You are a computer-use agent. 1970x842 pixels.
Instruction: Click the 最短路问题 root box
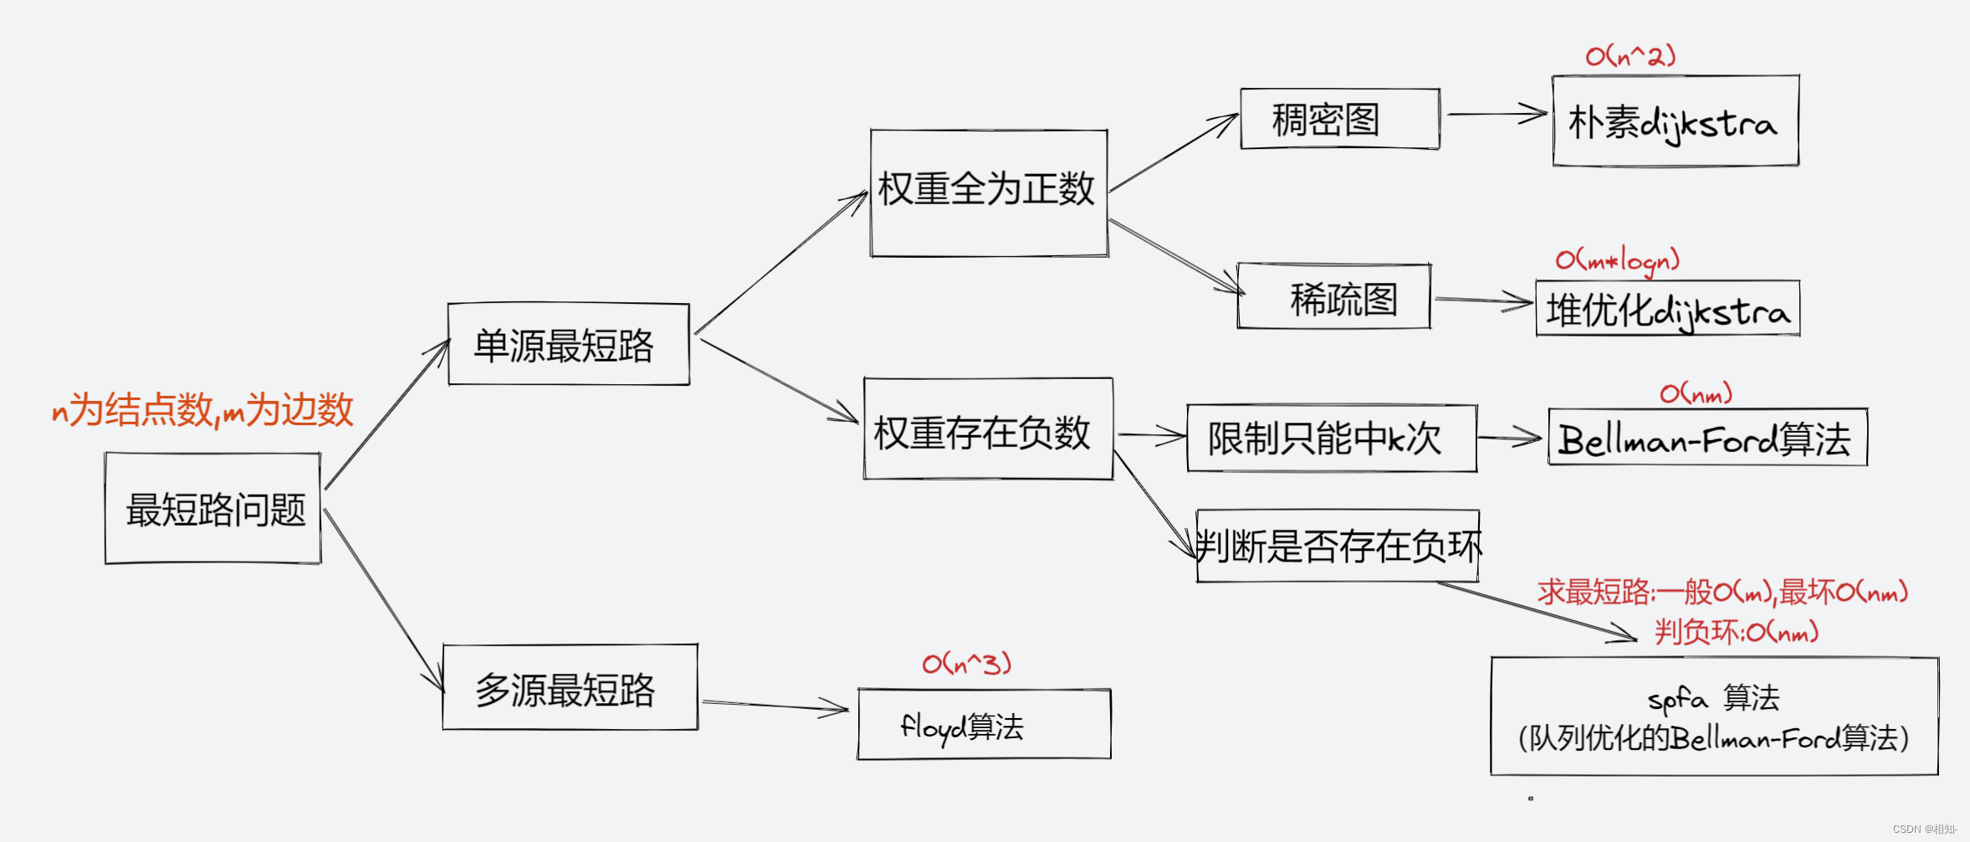[x=213, y=509]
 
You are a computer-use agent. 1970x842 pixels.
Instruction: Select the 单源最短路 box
[x=569, y=344]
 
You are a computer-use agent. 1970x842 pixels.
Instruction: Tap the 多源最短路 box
[x=570, y=688]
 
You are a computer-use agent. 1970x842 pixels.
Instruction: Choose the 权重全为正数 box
[x=989, y=193]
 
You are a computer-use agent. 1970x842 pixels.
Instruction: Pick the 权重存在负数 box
[x=988, y=429]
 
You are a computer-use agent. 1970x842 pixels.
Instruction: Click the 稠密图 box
[x=1339, y=119]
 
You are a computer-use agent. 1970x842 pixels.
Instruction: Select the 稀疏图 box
[x=1333, y=296]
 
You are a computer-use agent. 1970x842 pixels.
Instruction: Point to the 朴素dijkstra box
[x=1675, y=121]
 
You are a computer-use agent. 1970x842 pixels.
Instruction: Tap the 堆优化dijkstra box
[x=1667, y=309]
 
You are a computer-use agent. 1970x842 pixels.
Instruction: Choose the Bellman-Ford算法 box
[x=1706, y=438]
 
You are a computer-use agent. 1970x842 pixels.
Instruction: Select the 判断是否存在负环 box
[x=1337, y=547]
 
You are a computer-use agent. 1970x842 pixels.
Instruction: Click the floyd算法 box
[x=984, y=725]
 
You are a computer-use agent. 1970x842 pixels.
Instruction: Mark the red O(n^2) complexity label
[x=1630, y=56]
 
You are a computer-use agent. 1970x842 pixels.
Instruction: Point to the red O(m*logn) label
[x=1617, y=260]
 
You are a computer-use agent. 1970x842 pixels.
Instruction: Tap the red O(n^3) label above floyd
[x=966, y=664]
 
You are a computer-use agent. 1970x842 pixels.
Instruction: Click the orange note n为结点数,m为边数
[x=202, y=410]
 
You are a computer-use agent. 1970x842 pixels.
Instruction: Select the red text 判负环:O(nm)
[x=1737, y=631]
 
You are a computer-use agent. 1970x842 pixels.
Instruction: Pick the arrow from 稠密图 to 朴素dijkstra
[x=1497, y=114]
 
